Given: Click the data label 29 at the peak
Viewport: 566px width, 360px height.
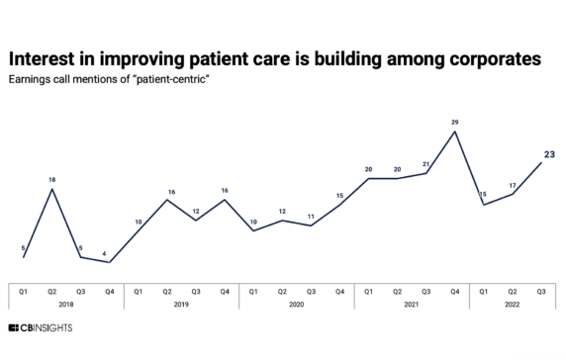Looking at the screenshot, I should click(x=454, y=122).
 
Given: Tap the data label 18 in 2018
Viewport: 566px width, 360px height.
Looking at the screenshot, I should click(x=52, y=179).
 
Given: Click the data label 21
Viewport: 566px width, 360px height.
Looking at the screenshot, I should click(x=425, y=164).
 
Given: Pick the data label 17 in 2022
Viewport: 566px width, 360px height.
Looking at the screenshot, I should click(x=513, y=184).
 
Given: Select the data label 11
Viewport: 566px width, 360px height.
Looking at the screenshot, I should click(x=311, y=216).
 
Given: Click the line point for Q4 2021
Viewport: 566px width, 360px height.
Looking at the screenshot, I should click(x=454, y=132).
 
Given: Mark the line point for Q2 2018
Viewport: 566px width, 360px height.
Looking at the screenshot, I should click(x=52, y=189).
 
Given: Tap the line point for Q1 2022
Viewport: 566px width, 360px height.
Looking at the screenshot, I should click(x=483, y=205).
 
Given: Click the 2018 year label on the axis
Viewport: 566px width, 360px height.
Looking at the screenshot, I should click(x=66, y=305).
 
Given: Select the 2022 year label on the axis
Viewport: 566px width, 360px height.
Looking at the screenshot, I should click(x=513, y=305).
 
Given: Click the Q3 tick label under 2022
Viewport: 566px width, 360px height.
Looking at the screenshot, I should click(x=541, y=291).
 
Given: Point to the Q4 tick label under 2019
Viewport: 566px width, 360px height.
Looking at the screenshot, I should click(x=225, y=291).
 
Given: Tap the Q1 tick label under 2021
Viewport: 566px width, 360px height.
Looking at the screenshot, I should click(x=368, y=291).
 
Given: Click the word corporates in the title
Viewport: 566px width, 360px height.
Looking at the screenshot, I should click(x=490, y=59).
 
